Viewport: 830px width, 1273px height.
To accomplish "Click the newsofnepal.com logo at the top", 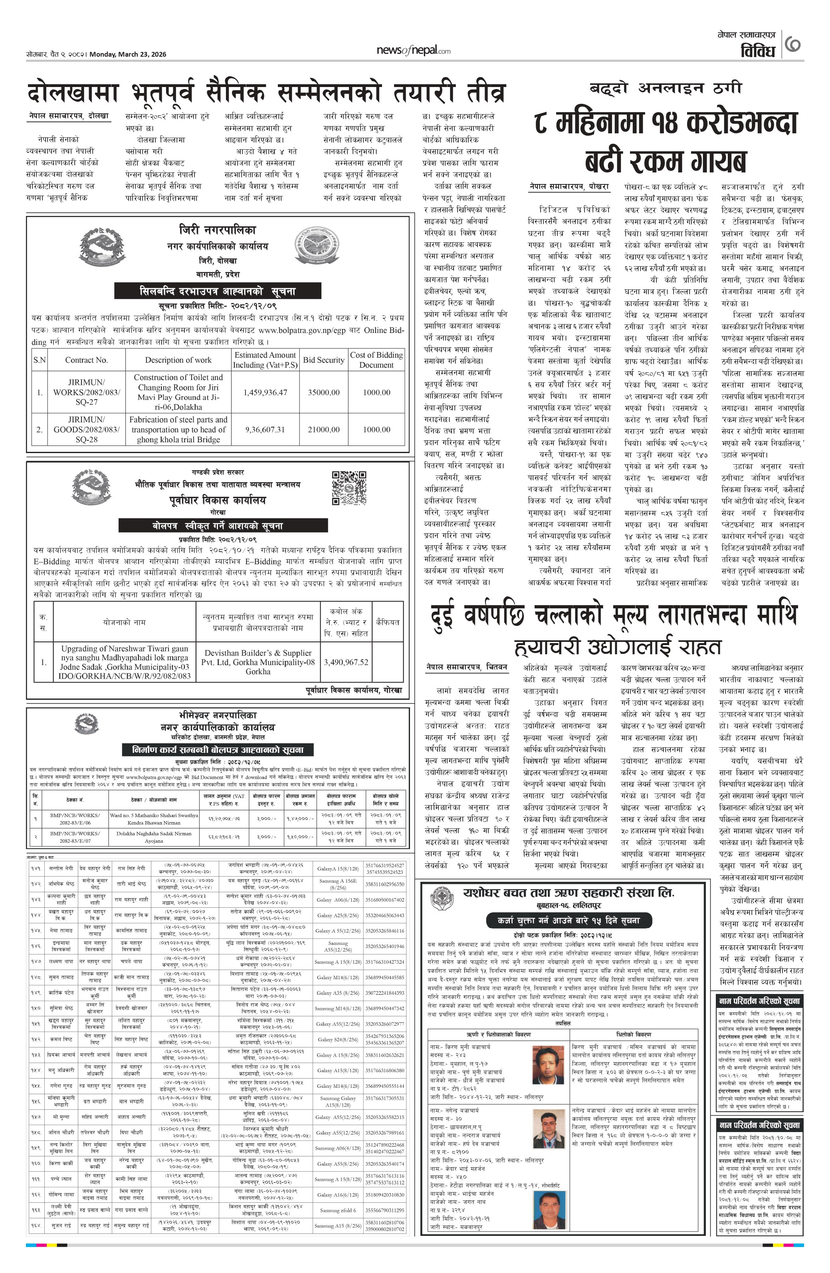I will [x=413, y=51].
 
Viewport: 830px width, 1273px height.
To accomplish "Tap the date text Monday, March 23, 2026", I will [x=128, y=54].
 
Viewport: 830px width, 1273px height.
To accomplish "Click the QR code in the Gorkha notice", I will [x=349, y=487].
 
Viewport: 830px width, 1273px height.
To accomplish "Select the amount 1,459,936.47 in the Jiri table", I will [x=265, y=392].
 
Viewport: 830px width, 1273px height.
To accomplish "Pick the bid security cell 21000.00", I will [x=323, y=430].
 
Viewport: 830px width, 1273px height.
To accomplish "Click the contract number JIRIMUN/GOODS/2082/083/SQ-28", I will [x=86, y=430].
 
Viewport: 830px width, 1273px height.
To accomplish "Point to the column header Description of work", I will [x=178, y=360].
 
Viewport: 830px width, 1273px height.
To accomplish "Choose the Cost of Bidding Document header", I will [x=376, y=360].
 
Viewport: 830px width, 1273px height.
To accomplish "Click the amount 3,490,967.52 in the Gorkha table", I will [x=346, y=662].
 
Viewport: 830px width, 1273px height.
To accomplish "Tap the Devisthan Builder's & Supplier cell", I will [x=258, y=662].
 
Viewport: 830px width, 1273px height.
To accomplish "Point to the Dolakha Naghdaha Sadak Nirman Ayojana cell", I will [x=154, y=837].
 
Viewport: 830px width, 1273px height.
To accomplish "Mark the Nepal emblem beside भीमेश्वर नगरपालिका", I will [x=86, y=725].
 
